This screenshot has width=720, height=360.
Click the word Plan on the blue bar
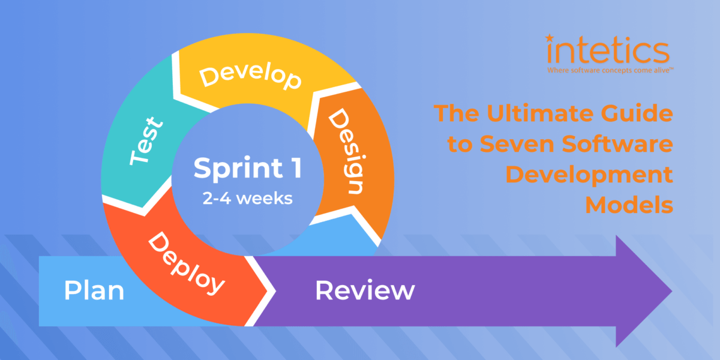[94, 291]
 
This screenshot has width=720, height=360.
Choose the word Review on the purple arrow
[365, 291]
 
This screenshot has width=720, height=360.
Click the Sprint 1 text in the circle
[247, 169]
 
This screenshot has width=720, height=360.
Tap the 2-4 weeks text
[247, 199]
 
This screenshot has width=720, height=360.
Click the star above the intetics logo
[550, 38]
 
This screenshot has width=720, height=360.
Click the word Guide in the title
[638, 114]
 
